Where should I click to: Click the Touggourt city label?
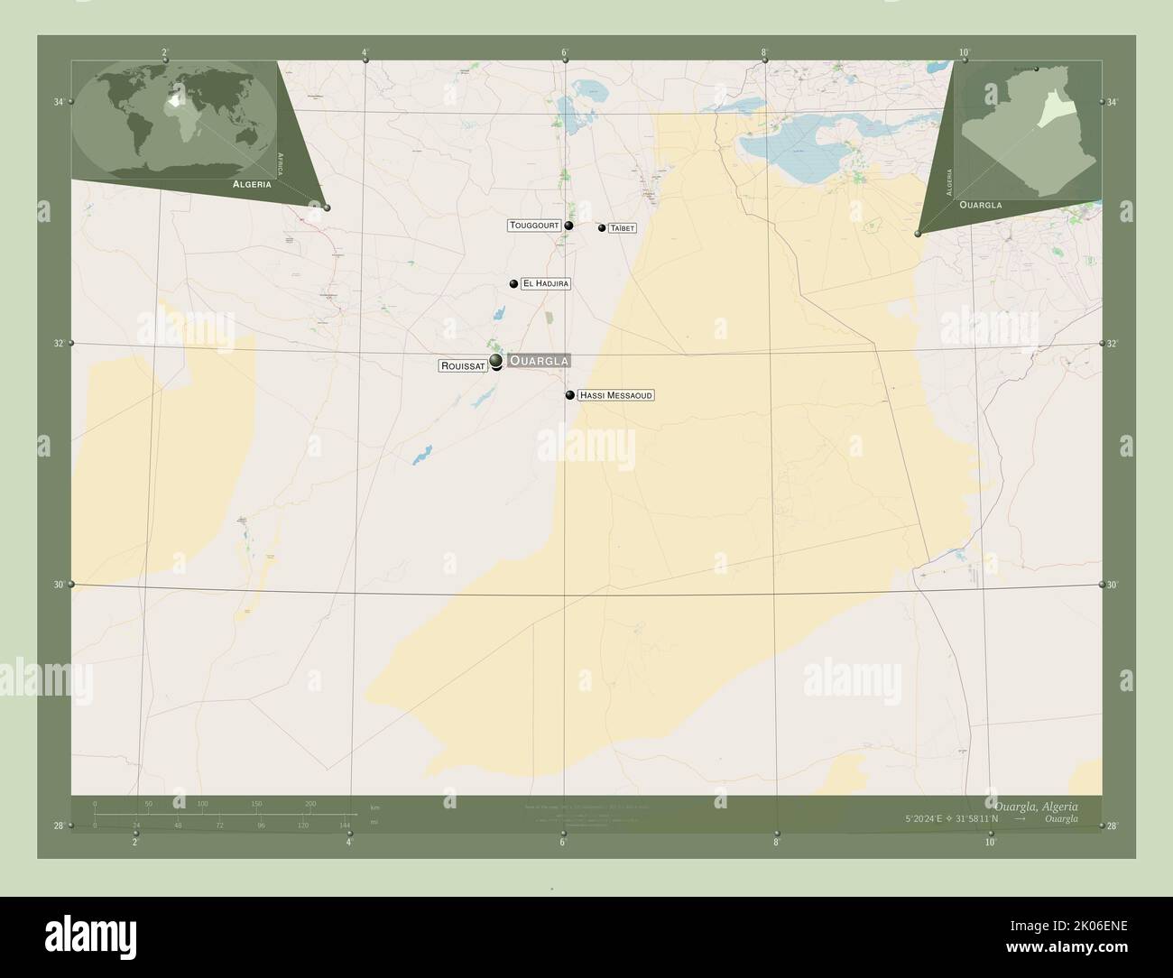535,226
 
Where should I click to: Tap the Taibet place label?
622,228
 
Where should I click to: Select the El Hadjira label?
546,283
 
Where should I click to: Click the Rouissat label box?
464,365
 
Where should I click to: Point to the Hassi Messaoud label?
615,395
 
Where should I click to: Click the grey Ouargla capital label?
539,361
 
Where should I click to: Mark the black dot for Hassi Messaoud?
570,395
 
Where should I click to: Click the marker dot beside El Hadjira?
513,284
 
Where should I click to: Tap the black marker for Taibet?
602,228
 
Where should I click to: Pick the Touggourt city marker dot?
568,226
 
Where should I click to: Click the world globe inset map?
173,120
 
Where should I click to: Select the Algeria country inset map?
1029,131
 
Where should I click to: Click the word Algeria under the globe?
252,183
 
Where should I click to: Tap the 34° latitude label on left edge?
59,102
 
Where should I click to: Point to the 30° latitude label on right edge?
1113,585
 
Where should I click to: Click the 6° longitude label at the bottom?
562,843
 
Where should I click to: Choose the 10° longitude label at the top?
965,52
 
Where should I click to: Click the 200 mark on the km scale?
310,803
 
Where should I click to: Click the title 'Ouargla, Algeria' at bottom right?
1035,805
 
